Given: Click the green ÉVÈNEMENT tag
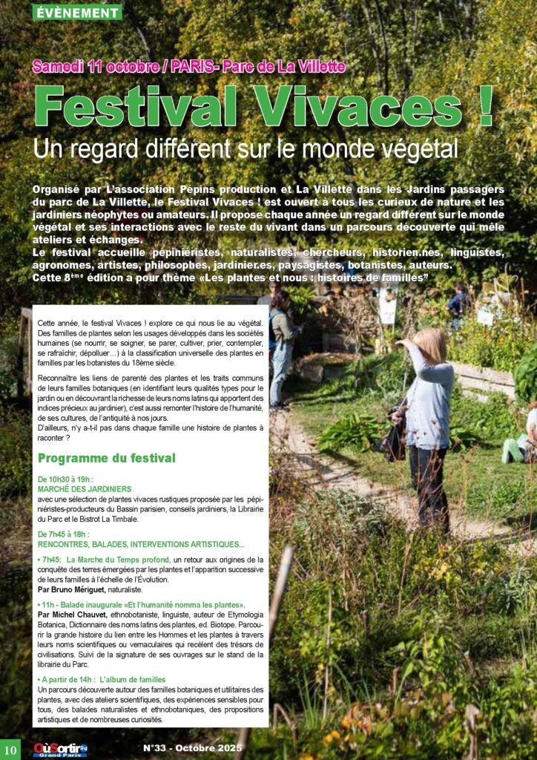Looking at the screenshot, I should [76, 13].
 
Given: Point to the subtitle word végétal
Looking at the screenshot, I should [415, 148].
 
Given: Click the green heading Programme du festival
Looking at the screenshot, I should [106, 458].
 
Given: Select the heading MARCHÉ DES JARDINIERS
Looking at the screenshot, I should [85, 489].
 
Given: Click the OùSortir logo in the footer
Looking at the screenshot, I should [59, 750].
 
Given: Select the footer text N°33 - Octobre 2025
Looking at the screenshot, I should [192, 748].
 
